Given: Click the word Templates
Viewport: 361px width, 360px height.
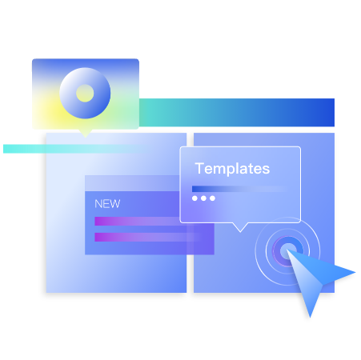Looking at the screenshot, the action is [x=232, y=169].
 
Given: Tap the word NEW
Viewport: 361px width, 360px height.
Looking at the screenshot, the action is [x=107, y=204].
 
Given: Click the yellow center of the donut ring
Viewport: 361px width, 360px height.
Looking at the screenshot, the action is [x=85, y=93].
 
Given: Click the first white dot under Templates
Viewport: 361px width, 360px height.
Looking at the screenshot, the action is [x=195, y=198].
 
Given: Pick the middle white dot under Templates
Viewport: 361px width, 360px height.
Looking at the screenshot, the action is [x=203, y=198].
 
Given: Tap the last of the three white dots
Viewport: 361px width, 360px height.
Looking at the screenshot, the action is [x=212, y=198].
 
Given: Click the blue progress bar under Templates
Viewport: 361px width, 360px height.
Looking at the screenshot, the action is [x=239, y=189].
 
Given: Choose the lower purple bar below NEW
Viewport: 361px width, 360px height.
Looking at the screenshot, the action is [x=146, y=237].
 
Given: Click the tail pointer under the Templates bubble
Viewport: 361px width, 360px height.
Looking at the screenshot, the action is [x=240, y=227].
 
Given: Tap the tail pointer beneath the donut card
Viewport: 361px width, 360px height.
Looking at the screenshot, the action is [x=86, y=134].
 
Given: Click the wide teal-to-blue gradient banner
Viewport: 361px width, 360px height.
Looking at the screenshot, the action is [x=237, y=112].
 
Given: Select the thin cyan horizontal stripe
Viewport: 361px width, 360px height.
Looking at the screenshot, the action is [x=74, y=149].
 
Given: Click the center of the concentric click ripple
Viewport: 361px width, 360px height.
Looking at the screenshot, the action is [x=287, y=251].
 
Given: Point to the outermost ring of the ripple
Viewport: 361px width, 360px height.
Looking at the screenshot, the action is [x=255, y=251].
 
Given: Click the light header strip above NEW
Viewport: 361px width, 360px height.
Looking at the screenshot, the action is [x=132, y=183].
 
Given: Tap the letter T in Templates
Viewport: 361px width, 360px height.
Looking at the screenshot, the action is [x=199, y=169].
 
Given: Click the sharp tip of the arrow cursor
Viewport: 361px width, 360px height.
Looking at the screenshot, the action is [x=287, y=250].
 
